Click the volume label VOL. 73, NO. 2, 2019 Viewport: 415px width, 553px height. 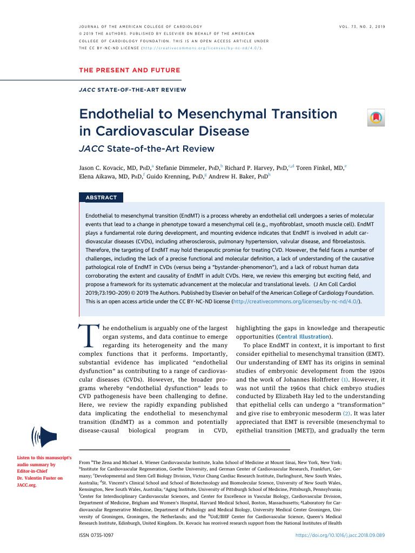(x=362, y=26)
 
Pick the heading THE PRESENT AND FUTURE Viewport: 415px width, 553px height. (x=130, y=70)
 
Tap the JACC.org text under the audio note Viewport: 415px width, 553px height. (x=26, y=485)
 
